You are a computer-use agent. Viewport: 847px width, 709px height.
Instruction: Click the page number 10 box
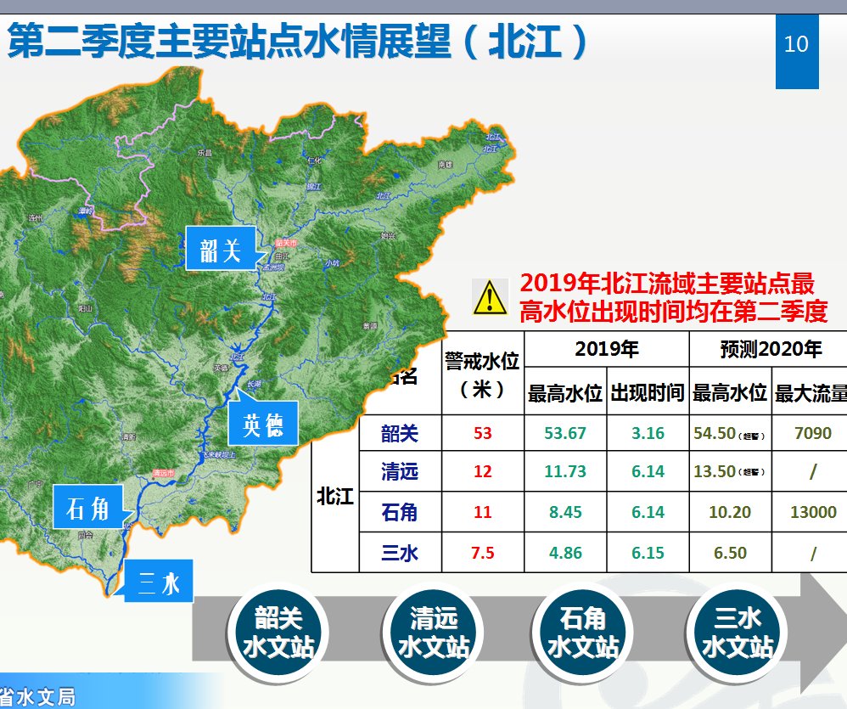coord(797,45)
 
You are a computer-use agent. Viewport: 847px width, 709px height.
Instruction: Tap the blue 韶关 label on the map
coord(221,250)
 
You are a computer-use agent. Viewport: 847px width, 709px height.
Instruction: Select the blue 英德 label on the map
coord(263,423)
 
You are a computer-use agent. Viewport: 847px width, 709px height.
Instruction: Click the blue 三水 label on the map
coord(159,583)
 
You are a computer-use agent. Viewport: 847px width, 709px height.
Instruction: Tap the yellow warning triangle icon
coord(491,297)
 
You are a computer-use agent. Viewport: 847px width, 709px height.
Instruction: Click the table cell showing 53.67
coord(565,433)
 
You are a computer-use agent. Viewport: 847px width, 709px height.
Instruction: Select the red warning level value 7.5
coord(483,554)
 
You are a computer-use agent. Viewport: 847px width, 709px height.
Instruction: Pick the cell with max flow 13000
coord(813,513)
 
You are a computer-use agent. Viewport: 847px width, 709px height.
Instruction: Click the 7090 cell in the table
coord(813,433)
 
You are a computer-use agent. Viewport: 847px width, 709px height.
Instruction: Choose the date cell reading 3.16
coord(648,433)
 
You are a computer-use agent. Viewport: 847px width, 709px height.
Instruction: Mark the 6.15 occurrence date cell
coord(648,554)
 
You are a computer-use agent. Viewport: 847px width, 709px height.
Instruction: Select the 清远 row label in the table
coord(400,471)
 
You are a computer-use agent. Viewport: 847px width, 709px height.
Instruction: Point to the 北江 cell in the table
coord(335,496)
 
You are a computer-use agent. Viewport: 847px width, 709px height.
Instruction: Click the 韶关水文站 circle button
coord(278,633)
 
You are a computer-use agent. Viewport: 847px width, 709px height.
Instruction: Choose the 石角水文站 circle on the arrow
coord(584,633)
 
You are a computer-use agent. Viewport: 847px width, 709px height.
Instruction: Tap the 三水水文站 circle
coord(737,633)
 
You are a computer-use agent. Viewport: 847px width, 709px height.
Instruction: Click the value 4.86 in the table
coord(565,554)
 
